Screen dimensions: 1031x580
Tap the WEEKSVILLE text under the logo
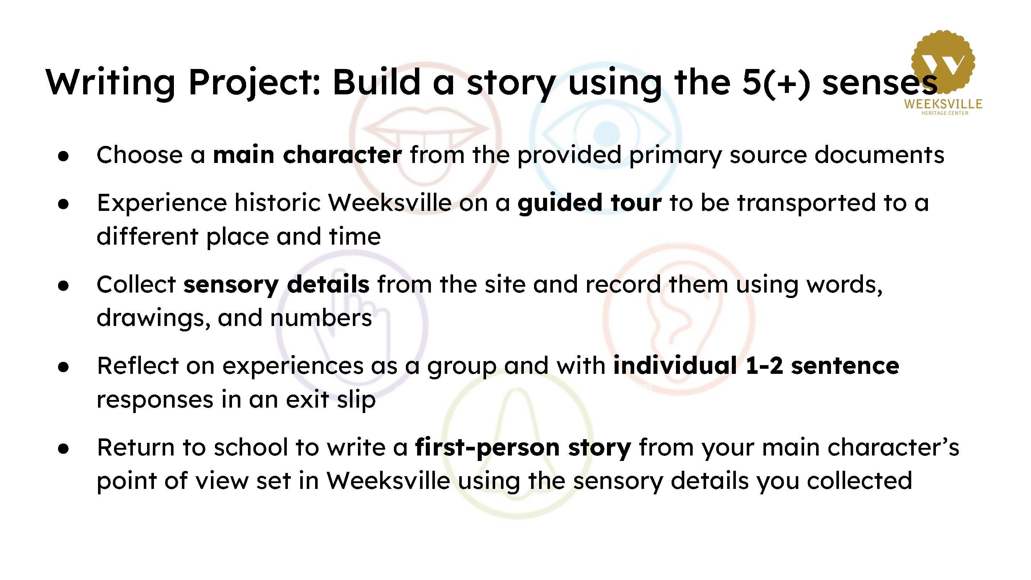[x=943, y=104]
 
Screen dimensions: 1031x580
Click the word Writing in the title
[x=110, y=83]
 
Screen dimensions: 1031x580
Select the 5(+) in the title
[x=776, y=83]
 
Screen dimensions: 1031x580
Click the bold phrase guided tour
[x=590, y=203]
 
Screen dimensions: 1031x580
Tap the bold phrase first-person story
[x=523, y=447]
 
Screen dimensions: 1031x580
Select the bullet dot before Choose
[x=63, y=156]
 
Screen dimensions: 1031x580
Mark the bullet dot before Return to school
[x=63, y=449]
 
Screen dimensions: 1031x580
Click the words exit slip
[x=331, y=400]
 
